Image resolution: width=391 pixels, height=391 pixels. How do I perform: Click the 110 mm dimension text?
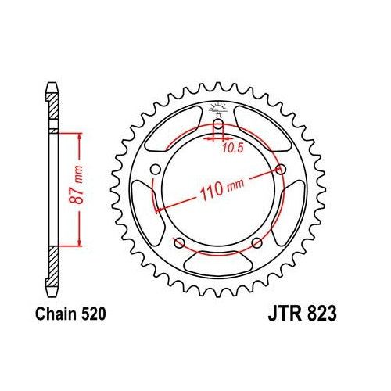(223, 188)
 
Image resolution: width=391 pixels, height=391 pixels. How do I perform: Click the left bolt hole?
(155, 170)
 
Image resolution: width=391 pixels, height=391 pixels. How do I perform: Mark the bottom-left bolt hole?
(179, 242)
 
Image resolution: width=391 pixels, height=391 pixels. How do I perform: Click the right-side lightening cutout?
(296, 211)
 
